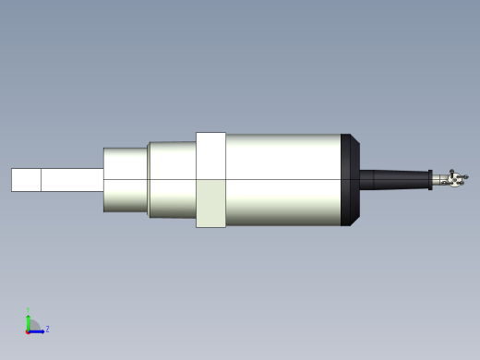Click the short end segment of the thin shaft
(x=26, y=179)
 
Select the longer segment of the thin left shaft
(x=72, y=179)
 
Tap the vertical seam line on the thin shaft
(x=41, y=179)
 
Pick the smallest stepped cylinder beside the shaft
(x=126, y=179)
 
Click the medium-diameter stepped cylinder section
(x=172, y=179)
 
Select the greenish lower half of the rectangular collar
(x=210, y=203)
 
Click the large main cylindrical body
(x=282, y=179)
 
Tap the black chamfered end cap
(x=350, y=179)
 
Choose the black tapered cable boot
(x=392, y=179)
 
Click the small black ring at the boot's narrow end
(x=430, y=180)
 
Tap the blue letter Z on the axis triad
(x=47, y=329)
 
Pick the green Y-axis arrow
(x=28, y=321)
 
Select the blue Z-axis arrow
(x=37, y=330)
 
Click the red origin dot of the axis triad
(x=28, y=330)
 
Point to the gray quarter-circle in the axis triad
(x=32, y=325)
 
